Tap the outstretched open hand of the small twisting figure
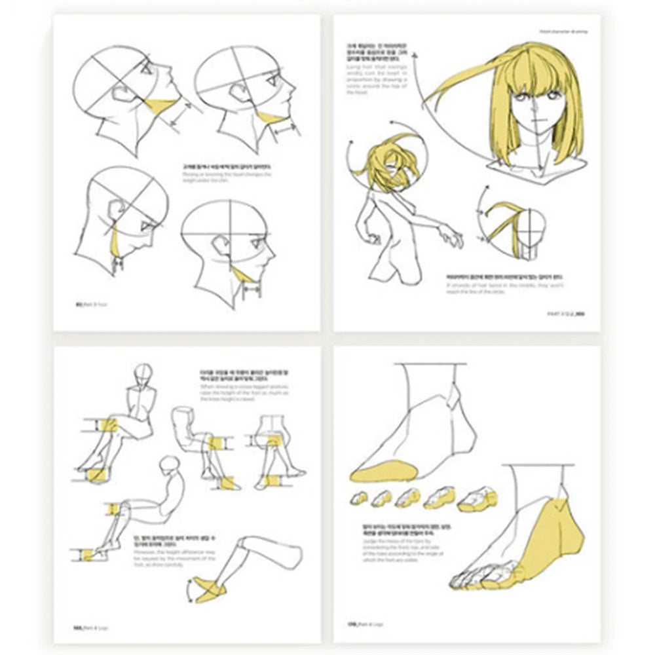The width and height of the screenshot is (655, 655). click(451, 235)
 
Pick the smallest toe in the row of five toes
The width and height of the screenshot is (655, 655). click(359, 497)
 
